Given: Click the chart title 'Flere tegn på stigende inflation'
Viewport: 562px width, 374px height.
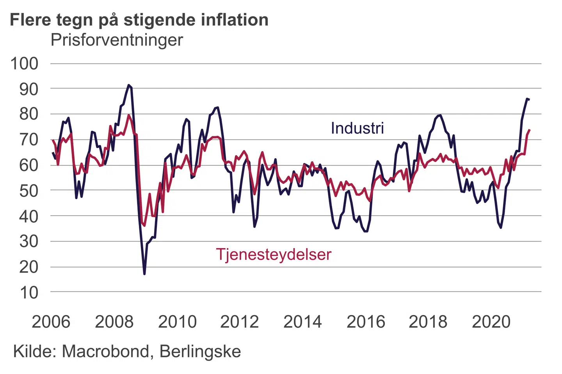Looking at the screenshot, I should pos(139,20).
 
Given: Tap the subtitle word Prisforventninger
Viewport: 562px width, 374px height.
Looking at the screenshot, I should pos(117,40).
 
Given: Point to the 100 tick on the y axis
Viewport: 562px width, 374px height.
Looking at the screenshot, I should pos(24,64).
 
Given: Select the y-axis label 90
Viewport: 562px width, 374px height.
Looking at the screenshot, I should pos(29,89).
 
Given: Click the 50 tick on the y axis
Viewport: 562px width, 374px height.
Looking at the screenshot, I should pos(29,191).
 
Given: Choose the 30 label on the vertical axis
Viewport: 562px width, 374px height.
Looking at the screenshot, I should pos(29,242).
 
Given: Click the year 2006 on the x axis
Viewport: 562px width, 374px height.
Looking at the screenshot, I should pos(51,322).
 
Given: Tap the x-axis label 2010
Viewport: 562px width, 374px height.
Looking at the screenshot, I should pos(177,322).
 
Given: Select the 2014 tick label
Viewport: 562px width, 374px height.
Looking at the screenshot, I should pos(302,322).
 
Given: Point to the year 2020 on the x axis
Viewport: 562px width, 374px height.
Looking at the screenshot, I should pos(491,322).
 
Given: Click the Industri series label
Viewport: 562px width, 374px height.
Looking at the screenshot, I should pos(357,128).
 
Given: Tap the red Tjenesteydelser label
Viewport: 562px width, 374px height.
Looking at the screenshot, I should pos(274,254).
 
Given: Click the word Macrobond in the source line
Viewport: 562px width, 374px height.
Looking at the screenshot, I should pos(105,351).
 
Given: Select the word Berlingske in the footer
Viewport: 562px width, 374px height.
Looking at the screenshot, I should pos(200,351).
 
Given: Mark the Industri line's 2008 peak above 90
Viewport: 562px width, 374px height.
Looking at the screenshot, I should pos(129,85).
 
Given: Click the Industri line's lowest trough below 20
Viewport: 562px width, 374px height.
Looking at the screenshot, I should pos(144,274).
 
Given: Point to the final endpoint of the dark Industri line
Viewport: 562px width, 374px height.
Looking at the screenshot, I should pos(529,99).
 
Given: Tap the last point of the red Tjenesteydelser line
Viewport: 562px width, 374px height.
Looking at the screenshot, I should pos(529,130).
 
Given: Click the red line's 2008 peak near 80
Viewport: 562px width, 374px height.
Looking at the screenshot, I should pos(129,115).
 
